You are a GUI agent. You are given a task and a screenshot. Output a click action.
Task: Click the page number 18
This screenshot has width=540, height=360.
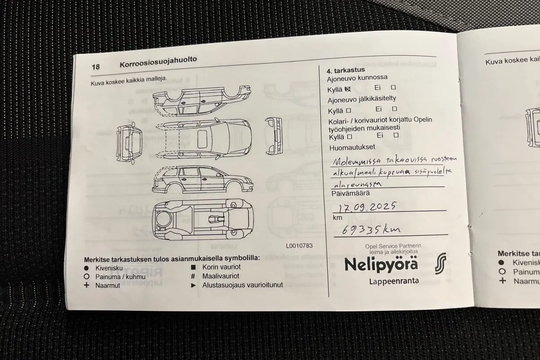pyautogui.click(x=95, y=67)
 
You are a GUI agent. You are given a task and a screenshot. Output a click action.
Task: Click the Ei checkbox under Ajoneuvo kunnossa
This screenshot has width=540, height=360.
pyautogui.click(x=393, y=88)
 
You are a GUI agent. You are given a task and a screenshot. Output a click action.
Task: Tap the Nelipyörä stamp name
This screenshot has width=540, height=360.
pyautogui.click(x=381, y=264)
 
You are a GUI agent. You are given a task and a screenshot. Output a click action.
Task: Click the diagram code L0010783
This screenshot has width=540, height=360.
pyautogui.click(x=298, y=246)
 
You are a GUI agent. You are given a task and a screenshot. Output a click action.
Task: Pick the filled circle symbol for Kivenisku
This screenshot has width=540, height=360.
pyautogui.click(x=86, y=267)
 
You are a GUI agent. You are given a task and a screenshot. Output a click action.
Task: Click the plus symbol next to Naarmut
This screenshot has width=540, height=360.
pyautogui.click(x=86, y=285)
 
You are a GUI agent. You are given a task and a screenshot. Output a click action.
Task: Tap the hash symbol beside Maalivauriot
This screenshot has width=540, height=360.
pyautogui.click(x=193, y=276)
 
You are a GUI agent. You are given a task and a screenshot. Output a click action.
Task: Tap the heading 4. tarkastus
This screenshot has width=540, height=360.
pyautogui.click(x=345, y=70)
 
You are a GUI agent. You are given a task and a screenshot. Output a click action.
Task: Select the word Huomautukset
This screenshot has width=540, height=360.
pyautogui.click(x=352, y=147)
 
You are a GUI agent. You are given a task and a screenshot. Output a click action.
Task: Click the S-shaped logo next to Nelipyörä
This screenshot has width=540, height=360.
pyautogui.click(x=441, y=264)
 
